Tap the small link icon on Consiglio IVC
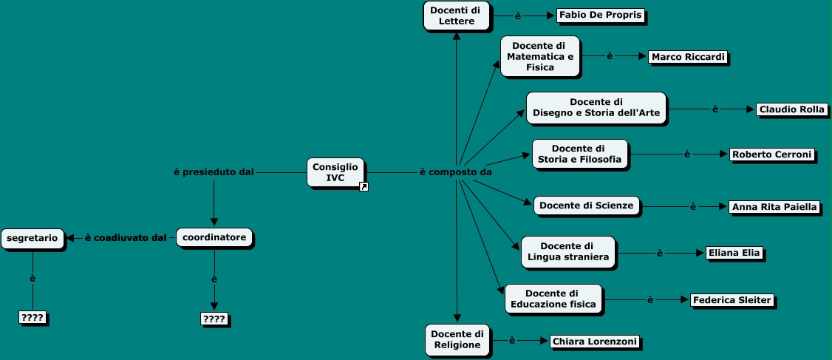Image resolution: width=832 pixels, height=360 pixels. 364,187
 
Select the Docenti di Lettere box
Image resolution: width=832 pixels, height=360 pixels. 457,16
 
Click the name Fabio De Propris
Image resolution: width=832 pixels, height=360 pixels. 600,16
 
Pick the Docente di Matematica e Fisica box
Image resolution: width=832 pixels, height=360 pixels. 539,56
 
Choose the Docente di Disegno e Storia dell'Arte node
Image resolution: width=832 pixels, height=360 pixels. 596,108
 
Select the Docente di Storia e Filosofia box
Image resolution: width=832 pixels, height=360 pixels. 579,154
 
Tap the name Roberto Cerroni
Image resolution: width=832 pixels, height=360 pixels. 771,154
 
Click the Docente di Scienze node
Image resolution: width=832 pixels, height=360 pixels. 586,206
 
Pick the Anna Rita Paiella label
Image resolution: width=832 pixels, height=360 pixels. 774,207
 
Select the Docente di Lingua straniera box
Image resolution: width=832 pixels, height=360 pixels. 568,251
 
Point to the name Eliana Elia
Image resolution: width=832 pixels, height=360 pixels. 733,253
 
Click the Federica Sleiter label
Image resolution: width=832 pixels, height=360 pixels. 732,300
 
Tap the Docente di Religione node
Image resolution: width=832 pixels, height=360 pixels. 457,339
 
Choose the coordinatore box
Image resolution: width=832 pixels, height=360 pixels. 214,237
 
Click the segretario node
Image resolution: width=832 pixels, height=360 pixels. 33,237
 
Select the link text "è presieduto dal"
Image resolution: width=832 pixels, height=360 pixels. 214,172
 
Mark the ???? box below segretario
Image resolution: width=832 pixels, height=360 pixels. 33,318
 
